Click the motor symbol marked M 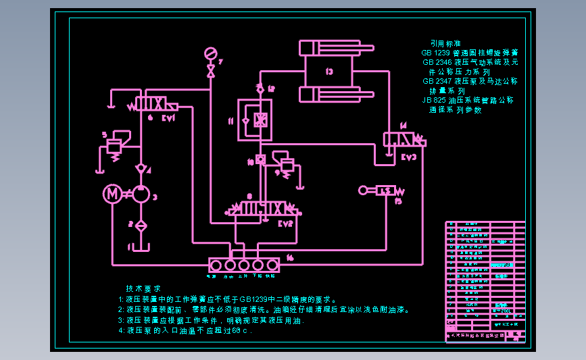point(112,195)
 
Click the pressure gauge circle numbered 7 point(210,53)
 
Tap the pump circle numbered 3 point(141,195)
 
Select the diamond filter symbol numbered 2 point(141,226)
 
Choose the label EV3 point(408,157)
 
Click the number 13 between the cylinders point(329,71)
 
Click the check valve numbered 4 point(141,167)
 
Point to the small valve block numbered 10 point(260,161)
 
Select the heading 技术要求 point(143,288)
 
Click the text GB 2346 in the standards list point(437,62)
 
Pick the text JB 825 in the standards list point(436,100)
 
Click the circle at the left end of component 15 point(363,190)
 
